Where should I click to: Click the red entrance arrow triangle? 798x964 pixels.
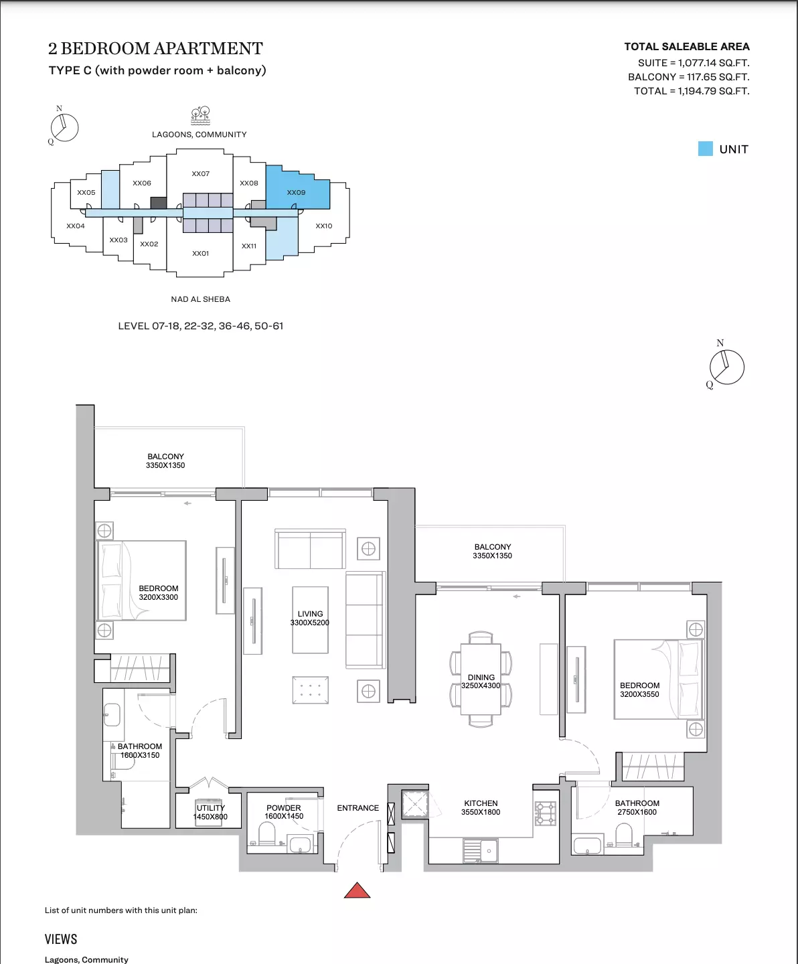(357, 890)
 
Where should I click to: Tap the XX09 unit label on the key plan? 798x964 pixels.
(296, 193)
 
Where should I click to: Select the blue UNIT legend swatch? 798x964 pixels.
(705, 149)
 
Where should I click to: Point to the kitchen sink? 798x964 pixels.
(481, 851)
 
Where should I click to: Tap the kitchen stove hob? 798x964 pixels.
(546, 813)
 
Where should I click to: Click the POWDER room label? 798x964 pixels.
(284, 808)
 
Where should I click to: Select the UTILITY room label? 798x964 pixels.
(211, 808)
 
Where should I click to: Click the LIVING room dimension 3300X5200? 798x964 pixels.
(310, 623)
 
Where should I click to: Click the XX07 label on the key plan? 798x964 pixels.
(200, 173)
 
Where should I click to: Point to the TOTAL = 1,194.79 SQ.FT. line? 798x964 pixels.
(692, 91)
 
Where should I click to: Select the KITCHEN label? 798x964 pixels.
(481, 803)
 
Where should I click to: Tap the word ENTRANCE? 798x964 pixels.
(358, 808)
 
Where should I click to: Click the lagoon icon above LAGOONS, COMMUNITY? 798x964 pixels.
(200, 116)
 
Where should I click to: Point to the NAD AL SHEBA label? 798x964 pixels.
(200, 299)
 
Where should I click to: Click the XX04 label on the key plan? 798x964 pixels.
(75, 226)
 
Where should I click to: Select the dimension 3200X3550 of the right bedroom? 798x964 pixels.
(639, 694)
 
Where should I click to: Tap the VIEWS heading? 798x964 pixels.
(61, 939)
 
